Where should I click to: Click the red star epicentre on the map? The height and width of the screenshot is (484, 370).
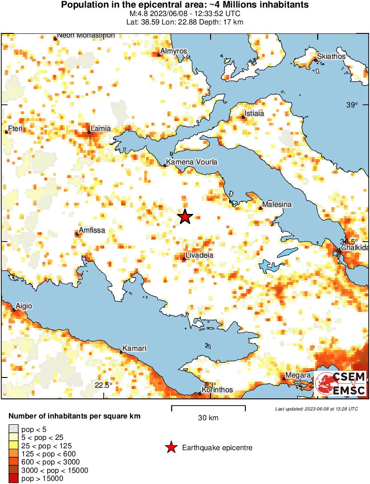tap(185, 217)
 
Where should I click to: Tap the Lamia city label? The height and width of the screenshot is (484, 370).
tap(101, 129)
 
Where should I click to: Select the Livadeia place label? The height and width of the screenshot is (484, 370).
tap(200, 255)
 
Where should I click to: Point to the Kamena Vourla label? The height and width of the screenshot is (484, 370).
tap(192, 162)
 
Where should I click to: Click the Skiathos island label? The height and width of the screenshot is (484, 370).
tap(331, 57)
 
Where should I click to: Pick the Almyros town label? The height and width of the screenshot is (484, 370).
tap(174, 51)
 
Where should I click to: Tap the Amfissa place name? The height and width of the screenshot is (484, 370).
tap(92, 230)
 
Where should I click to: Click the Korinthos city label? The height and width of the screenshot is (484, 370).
tap(217, 390)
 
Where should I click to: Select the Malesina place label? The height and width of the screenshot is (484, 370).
tap(277, 204)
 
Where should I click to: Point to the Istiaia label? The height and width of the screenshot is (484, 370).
tap(253, 113)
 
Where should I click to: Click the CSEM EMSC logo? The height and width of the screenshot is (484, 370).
tap(341, 383)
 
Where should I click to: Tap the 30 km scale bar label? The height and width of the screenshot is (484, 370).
tap(208, 418)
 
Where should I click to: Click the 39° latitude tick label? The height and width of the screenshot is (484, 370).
tap(352, 105)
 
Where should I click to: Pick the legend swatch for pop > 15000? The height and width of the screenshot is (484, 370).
tap(13, 478)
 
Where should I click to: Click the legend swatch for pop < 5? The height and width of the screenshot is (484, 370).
tap(13, 429)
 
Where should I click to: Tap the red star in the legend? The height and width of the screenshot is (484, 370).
tap(170, 447)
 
